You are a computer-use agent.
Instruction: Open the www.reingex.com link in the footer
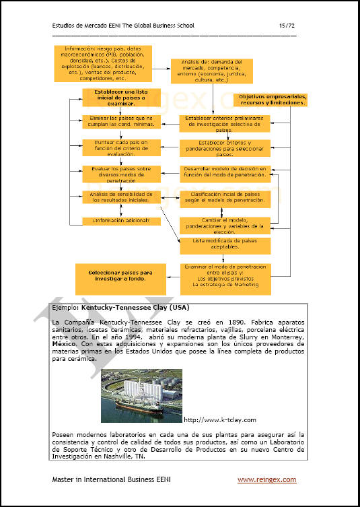click(266, 479)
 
